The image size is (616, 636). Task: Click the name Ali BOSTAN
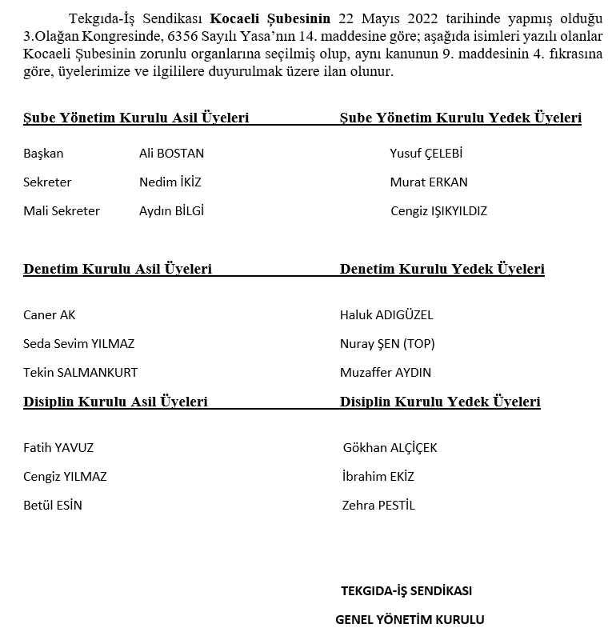171,154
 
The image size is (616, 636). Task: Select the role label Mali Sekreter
62,211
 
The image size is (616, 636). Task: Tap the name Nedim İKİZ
170,182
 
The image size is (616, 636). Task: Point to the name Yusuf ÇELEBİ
426,154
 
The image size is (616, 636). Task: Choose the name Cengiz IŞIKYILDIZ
438,211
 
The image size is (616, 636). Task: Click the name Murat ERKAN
429,182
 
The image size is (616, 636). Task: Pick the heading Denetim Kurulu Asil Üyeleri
118,270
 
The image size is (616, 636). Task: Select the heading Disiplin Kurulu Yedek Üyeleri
440,402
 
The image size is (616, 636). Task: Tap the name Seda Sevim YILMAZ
78,344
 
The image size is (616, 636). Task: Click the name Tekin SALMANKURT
80,373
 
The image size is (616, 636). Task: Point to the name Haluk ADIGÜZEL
386,315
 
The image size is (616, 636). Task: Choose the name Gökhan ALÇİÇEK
390,448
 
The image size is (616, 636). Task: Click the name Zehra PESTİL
378,506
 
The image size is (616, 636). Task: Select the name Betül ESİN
53,506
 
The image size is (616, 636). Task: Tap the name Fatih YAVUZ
58,448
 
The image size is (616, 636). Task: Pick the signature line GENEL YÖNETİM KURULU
410,620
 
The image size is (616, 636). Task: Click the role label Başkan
43,154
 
